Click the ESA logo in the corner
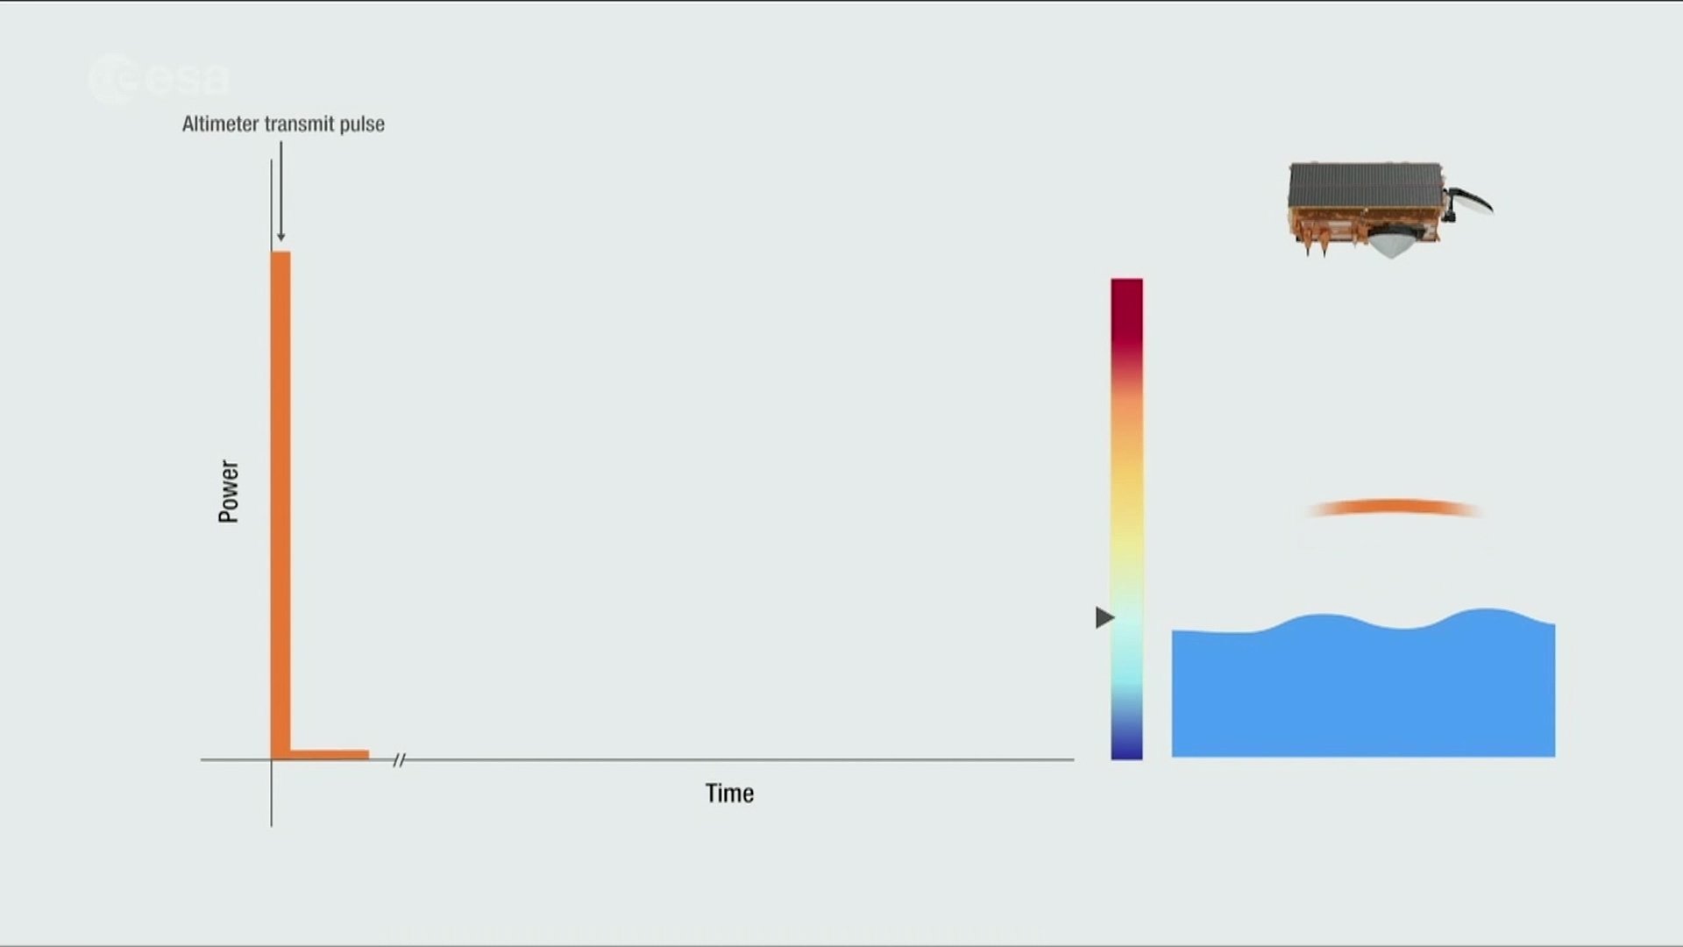(159, 79)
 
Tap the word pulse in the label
(362, 125)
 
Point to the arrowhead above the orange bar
(280, 235)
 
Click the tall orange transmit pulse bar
(280, 504)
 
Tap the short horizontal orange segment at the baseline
(330, 754)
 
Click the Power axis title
(229, 491)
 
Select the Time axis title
(729, 794)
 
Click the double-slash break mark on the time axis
(399, 760)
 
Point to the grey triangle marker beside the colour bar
(1104, 617)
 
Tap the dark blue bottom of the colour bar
(1126, 741)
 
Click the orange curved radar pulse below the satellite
(1394, 506)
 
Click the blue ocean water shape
(1363, 688)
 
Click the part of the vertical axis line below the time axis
(272, 794)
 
